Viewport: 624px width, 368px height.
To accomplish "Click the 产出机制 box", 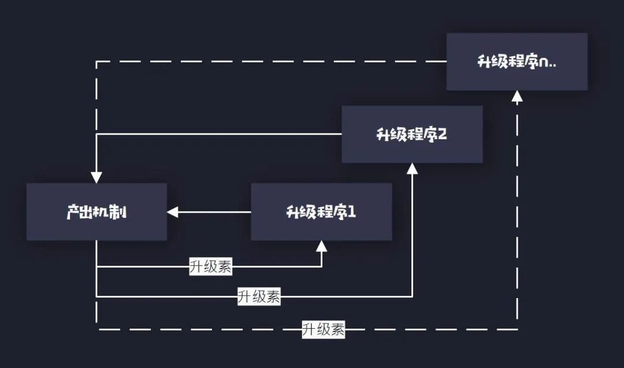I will point(96,211).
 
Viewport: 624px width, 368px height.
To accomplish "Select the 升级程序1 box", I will point(321,211).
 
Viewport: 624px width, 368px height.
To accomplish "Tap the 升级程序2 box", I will point(412,134).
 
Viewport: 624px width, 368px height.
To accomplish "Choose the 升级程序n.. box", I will point(517,61).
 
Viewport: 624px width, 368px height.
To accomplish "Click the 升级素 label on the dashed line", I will point(324,329).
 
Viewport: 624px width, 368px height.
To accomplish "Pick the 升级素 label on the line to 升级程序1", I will point(211,267).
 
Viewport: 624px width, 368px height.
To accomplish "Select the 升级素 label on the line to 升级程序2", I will point(259,297).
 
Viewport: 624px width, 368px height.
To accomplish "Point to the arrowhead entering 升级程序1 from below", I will point(321,246).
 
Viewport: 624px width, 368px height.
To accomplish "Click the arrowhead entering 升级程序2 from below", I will point(412,168).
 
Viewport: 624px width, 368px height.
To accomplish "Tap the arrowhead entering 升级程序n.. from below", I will point(517,96).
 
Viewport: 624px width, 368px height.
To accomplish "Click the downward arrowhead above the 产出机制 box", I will point(96,177).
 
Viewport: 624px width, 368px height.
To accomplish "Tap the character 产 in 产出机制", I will point(73,212).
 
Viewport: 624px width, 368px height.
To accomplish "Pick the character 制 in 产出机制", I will point(120,212).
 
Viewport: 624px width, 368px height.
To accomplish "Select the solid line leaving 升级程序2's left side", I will point(231,134).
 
